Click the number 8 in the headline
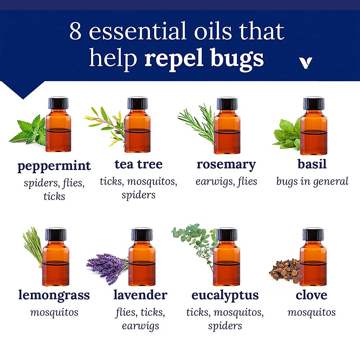tap(76, 31)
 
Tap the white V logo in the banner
tap(306, 63)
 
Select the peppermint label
tap(54, 166)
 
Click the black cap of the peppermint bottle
tap(58, 103)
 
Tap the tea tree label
tap(139, 165)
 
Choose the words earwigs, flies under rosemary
tap(226, 181)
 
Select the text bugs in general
tap(312, 181)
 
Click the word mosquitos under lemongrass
tap(54, 312)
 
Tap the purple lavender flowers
tap(107, 268)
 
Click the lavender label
tap(140, 295)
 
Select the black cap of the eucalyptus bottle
tap(226, 234)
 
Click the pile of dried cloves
tap(285, 271)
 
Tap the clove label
tap(311, 295)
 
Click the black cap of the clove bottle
tap(313, 234)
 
